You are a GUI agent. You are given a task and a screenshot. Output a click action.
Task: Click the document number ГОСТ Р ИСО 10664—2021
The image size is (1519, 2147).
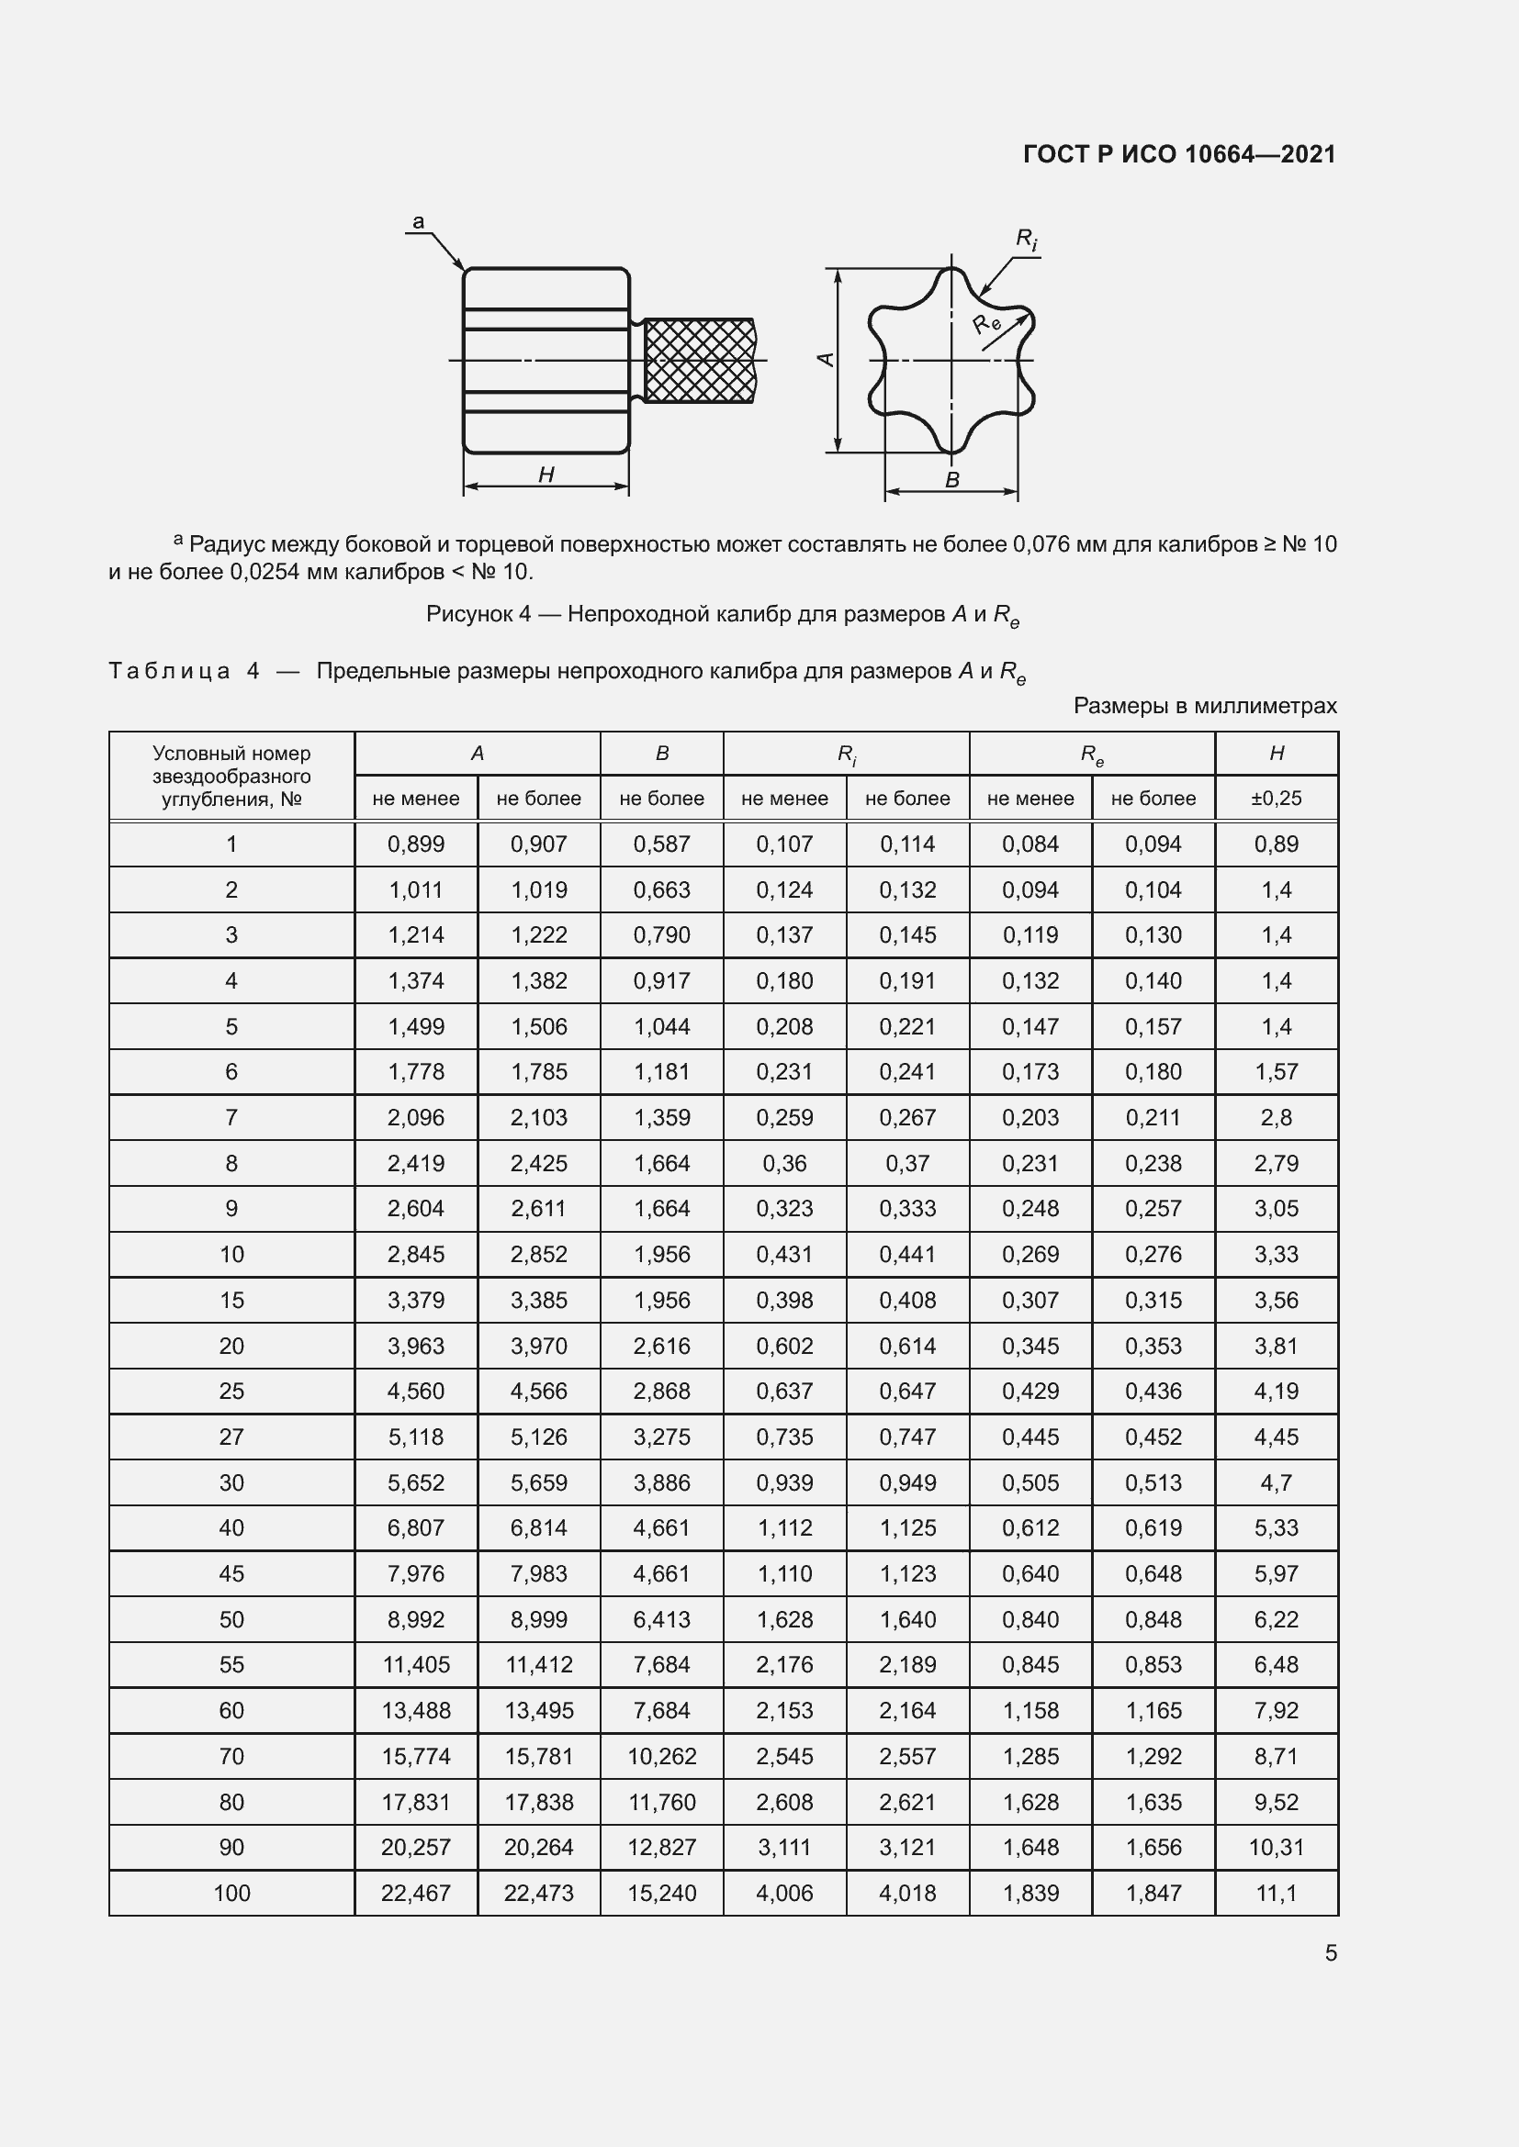click(1179, 154)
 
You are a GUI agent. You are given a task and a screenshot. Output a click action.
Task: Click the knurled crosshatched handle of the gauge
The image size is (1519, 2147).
click(699, 361)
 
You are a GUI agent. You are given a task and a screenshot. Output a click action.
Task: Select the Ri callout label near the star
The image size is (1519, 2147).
click(1026, 240)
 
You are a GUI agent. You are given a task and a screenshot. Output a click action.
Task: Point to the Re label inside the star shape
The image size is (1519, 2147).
click(985, 324)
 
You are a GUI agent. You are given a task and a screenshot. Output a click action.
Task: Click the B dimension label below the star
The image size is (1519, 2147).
click(952, 481)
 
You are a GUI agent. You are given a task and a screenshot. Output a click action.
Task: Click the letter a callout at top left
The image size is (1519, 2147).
click(418, 221)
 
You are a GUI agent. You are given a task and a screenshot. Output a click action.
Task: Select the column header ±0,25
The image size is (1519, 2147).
click(1276, 799)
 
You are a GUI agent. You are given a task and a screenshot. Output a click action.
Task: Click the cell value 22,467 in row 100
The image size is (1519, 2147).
click(415, 1893)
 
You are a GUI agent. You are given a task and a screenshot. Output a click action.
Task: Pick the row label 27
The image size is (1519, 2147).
click(231, 1437)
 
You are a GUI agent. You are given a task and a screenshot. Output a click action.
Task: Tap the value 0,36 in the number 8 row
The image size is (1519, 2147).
click(783, 1163)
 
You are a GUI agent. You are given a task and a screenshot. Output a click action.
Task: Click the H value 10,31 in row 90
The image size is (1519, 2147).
click(1276, 1847)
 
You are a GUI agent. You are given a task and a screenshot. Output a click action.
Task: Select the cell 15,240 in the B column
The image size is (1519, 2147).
click(661, 1893)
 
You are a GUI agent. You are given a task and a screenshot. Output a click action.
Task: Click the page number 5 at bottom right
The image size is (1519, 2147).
click(1330, 1953)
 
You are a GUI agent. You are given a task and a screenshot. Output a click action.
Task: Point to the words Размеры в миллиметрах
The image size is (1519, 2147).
click(1205, 706)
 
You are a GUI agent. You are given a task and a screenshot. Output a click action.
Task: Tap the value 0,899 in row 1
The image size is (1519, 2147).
click(415, 844)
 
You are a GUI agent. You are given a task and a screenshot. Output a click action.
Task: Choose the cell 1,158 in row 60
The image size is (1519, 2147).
click(1030, 1710)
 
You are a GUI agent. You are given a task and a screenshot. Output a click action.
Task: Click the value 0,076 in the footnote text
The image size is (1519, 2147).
click(1041, 544)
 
